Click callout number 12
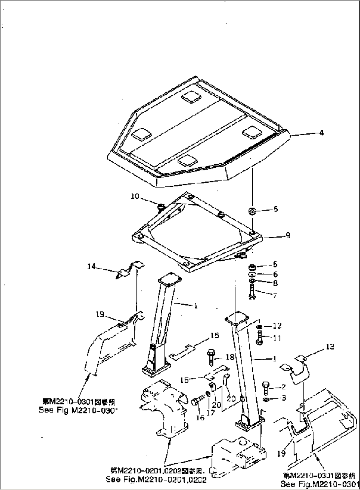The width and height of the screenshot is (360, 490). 277,326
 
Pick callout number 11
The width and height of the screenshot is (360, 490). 277,338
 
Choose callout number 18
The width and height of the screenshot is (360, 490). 230,357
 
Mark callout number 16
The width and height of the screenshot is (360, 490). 200,418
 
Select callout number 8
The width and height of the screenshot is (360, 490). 275,283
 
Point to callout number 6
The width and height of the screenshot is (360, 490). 275,274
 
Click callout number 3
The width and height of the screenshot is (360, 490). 283,398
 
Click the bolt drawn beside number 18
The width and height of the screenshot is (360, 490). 211,356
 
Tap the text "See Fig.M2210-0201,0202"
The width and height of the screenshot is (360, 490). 156,479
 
